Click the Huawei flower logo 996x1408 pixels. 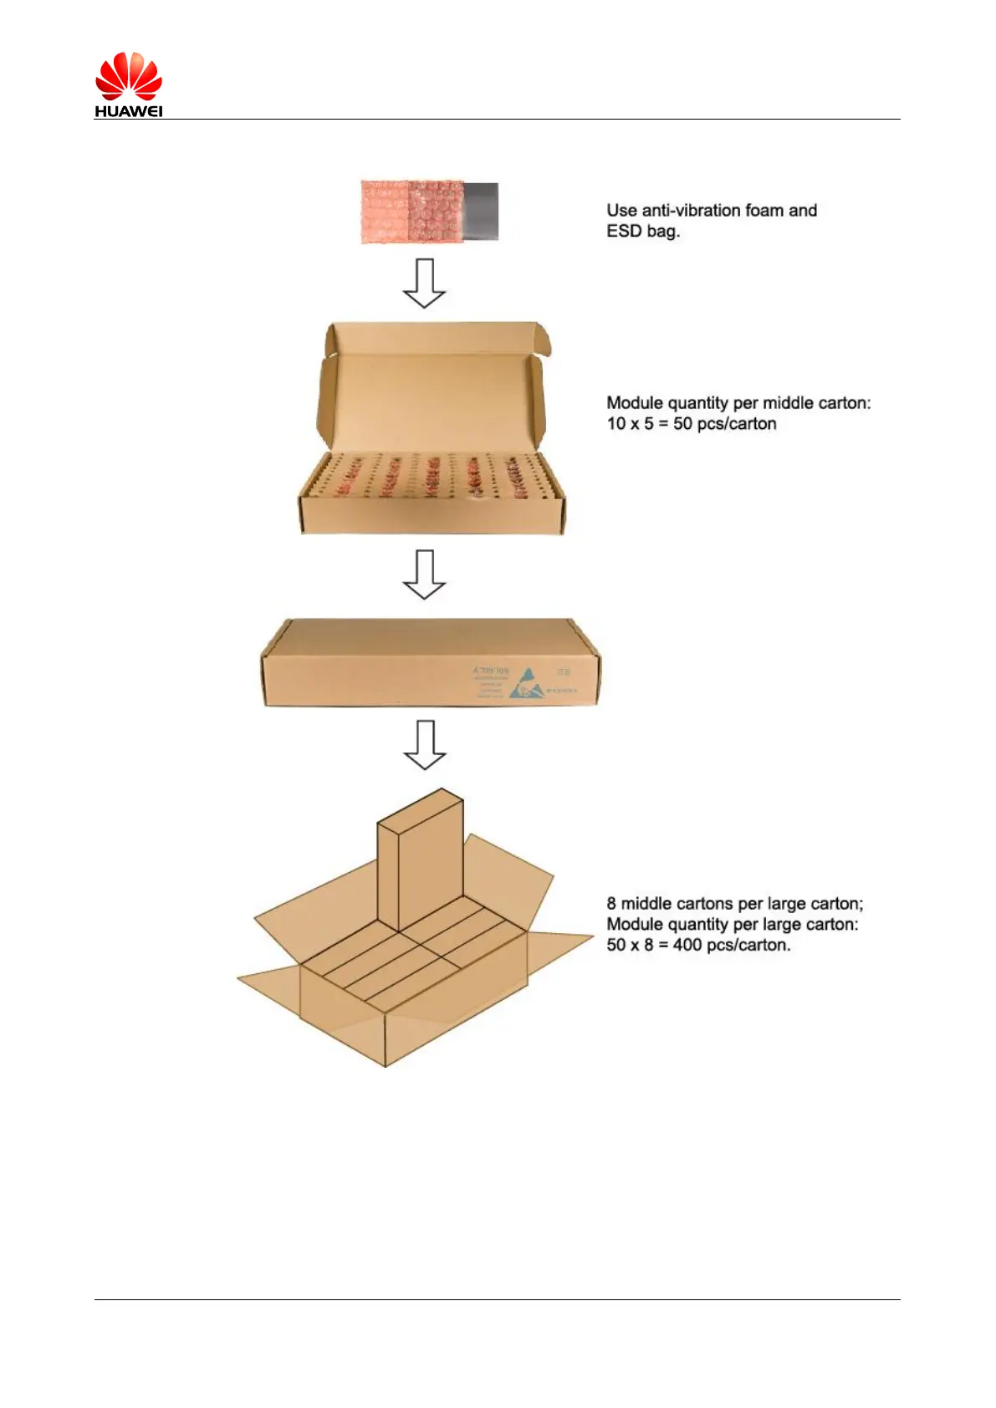click(128, 76)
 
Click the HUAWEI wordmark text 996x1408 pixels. click(128, 111)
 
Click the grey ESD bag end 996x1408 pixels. click(482, 212)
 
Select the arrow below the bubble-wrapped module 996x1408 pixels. click(424, 283)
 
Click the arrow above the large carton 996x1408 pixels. click(425, 744)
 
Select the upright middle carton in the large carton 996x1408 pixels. click(420, 861)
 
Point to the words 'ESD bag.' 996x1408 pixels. click(642, 232)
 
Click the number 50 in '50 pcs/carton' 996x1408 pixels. click(682, 424)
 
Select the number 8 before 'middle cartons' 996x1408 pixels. click(611, 904)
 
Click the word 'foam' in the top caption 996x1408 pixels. click(764, 211)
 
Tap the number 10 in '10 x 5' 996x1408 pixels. click(616, 424)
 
